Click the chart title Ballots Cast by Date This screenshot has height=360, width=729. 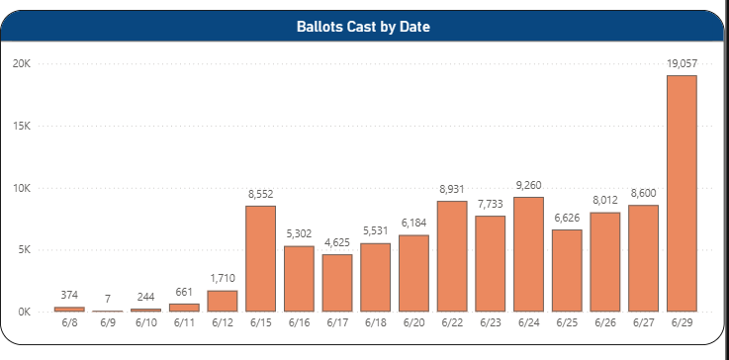pyautogui.click(x=363, y=27)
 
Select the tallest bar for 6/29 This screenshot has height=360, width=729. pyautogui.click(x=682, y=193)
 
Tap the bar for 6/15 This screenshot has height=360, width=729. pyautogui.click(x=261, y=258)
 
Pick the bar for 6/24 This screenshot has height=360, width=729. pyautogui.click(x=528, y=254)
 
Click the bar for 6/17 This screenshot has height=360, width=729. pyautogui.click(x=337, y=283)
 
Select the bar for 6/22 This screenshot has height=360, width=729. pyautogui.click(x=452, y=256)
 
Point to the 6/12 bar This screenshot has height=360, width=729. pyautogui.click(x=223, y=301)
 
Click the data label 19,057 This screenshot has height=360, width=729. pyautogui.click(x=683, y=64)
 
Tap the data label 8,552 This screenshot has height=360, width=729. pyautogui.click(x=261, y=195)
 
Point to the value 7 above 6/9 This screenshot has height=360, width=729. pyautogui.click(x=108, y=299)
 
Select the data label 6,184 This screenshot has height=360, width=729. pyautogui.click(x=413, y=224)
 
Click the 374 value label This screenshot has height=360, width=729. pyautogui.click(x=69, y=295)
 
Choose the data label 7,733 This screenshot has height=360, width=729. pyautogui.click(x=491, y=205)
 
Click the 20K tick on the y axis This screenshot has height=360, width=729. pyautogui.click(x=22, y=63)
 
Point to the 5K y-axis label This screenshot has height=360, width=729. pyautogui.click(x=24, y=250)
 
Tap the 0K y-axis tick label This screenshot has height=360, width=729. pyautogui.click(x=24, y=313)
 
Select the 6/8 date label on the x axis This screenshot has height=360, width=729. pyautogui.click(x=69, y=322)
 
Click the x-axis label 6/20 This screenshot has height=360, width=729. pyautogui.click(x=413, y=322)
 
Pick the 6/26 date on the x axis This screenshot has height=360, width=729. pyautogui.click(x=605, y=322)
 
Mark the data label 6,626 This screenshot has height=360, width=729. pyautogui.click(x=567, y=219)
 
